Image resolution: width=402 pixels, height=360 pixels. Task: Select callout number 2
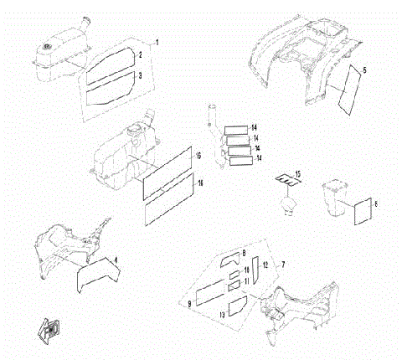141,55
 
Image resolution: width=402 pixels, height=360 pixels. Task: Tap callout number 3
141,76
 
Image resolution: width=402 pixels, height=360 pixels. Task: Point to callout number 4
116,260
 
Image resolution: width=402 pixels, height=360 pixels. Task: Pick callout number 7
283,265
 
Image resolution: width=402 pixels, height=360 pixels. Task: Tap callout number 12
265,265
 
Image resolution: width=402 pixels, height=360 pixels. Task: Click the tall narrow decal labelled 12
256,270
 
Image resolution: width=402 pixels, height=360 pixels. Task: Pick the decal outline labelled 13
236,303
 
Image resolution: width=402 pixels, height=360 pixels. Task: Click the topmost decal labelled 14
236,128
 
